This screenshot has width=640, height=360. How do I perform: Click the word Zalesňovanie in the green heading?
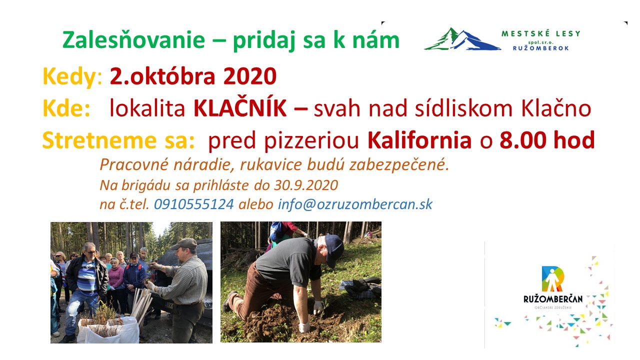tap(133, 39)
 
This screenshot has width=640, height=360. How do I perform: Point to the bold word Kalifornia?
tap(419, 140)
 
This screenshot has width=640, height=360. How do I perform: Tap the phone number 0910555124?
tap(194, 204)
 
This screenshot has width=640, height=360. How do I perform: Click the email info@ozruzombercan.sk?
tap(355, 204)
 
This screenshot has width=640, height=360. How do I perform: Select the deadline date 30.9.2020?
tap(306, 185)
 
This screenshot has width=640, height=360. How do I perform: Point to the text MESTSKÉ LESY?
tap(541, 33)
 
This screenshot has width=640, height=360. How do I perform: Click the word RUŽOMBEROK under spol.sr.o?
tap(541, 48)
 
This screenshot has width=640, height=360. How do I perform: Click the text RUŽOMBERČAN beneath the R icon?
tap(553, 299)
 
